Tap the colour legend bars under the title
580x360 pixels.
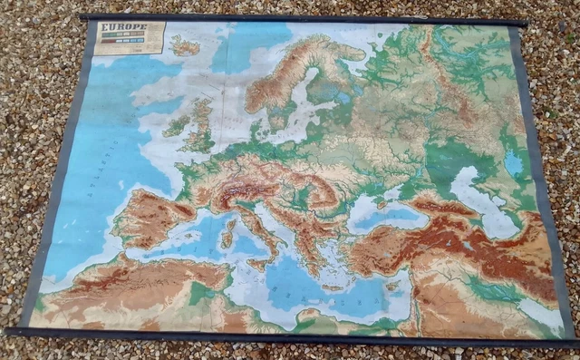(x=127, y=40)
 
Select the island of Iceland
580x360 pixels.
(x=185, y=45)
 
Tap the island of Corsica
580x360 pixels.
(x=231, y=216)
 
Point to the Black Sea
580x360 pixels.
(x=385, y=214)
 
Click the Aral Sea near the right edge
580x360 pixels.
(x=514, y=164)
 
